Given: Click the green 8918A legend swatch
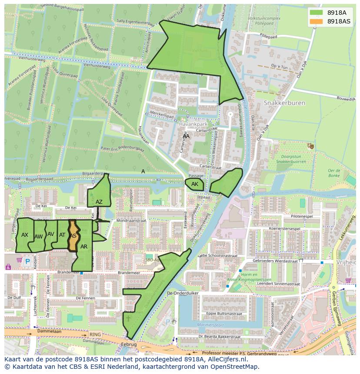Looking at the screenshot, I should [317, 13].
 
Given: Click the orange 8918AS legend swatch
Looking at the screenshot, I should [317, 21].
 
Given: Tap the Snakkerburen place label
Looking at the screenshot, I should [284, 103].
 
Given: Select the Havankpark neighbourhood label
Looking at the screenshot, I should [191, 124].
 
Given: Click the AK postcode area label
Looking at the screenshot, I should [195, 184].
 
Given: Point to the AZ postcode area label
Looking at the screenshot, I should [99, 202].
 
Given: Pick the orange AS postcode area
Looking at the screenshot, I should [73, 236].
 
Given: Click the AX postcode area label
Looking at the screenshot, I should [25, 235].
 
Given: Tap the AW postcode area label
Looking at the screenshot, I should [38, 236].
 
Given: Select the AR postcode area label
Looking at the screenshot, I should [84, 246].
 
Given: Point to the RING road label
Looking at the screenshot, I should [94, 334].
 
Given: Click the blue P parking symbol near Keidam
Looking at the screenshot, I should [28, 262].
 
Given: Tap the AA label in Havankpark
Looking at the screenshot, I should [186, 136].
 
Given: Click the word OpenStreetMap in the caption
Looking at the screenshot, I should [235, 366].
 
